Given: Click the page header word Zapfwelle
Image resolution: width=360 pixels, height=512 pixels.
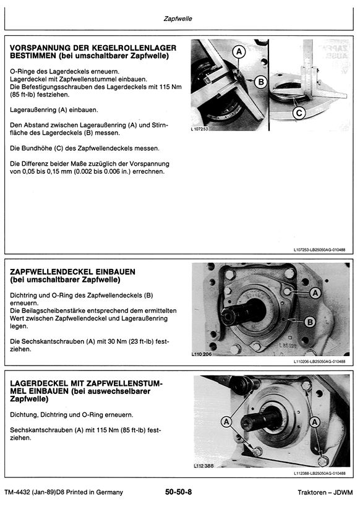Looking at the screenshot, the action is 178,19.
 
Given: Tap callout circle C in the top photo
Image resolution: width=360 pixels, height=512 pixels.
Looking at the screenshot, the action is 299,113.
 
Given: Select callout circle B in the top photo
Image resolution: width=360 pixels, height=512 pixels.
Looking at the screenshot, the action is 261,82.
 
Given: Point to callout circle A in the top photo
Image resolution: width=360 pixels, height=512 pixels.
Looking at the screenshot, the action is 239,51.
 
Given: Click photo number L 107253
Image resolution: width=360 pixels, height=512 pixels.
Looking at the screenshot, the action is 199,129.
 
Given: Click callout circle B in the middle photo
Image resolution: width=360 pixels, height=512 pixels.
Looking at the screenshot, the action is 310,322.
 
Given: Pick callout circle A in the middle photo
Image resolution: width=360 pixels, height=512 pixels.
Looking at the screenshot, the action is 315,293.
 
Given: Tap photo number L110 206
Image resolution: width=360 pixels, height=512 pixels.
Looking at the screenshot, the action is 202,354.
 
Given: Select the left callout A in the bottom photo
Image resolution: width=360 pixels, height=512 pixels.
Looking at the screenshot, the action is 226,422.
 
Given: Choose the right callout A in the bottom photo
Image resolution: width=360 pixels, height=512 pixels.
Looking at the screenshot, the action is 315,422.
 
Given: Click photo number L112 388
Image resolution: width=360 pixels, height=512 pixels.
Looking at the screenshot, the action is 204,466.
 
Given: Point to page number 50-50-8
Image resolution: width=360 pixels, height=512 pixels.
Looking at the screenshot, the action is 178,492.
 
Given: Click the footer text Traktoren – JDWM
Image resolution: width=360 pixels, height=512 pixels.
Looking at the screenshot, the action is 325,492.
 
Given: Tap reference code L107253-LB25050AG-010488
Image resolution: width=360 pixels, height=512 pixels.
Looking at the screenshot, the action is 319,250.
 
